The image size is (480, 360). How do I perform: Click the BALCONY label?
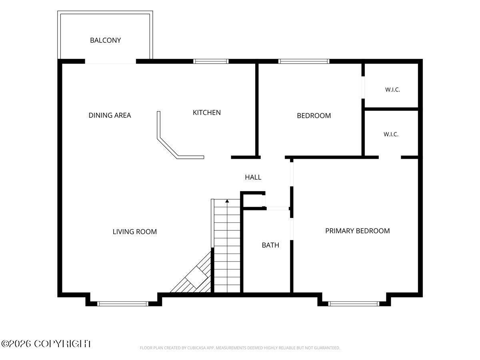pos(106,40)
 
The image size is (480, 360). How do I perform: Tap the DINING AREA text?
pos(110,115)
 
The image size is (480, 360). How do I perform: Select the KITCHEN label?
pos(207,112)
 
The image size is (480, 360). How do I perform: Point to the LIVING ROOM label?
pos(135,232)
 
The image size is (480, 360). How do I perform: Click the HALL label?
pos(253,177)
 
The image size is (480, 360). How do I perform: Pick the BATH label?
pos(270,245)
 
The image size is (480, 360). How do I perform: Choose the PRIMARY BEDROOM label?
pos(357,231)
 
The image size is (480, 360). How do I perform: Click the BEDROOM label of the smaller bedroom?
pos(314,116)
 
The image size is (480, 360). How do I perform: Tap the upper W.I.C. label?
pos(392,90)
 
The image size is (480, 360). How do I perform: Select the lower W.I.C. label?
pos(391,134)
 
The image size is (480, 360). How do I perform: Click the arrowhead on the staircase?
pos(227,201)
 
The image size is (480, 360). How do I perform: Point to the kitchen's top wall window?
pos(211,62)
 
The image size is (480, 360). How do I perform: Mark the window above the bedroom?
pos(304,62)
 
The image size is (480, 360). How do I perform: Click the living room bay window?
pos(123,304)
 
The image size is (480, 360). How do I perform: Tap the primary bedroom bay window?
pos(354,304)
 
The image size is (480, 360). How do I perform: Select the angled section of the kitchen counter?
pos(168,148)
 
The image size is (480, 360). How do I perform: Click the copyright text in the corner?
pos(46,344)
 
